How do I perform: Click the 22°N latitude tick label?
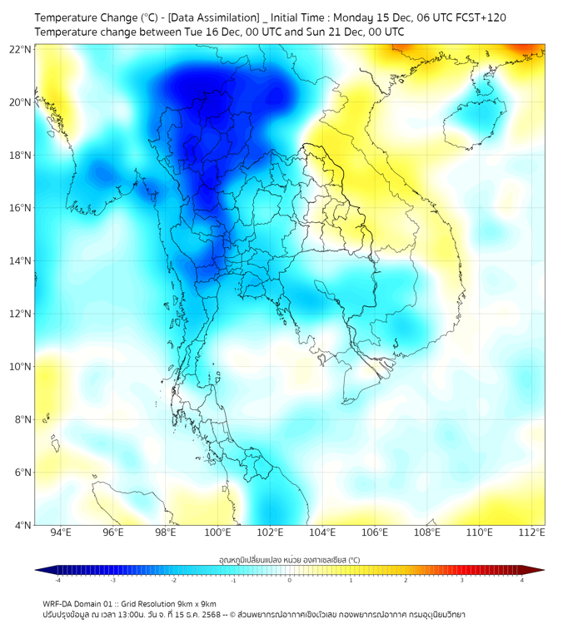(x=21, y=49)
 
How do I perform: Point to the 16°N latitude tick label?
(x=21, y=208)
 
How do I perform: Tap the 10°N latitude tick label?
(x=21, y=367)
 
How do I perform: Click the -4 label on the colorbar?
(x=57, y=580)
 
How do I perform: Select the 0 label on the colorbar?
(x=290, y=580)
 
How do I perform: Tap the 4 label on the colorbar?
(x=521, y=580)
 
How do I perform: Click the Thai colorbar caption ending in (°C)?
(x=289, y=560)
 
